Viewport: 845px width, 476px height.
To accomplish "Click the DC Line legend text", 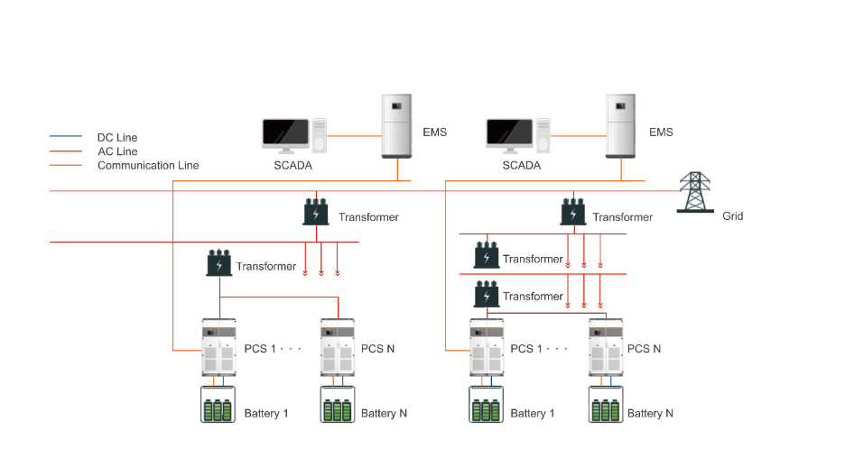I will [117, 138].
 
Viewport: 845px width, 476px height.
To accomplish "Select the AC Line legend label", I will [117, 151].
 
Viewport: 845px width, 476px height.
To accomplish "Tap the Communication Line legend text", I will [148, 166].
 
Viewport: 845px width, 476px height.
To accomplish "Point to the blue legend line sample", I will [65, 137].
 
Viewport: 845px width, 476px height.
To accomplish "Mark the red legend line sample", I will [65, 151].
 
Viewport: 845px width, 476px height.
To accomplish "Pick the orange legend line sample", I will [65, 166].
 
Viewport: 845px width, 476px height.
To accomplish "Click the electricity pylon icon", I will [694, 192].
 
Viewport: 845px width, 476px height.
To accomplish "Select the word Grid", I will [733, 216].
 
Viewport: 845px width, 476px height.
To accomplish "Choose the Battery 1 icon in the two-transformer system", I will [217, 405].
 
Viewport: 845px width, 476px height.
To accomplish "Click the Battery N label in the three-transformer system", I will [650, 414].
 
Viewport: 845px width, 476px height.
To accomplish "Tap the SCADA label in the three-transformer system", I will [521, 166].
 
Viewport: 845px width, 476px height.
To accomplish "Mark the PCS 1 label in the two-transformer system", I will [260, 349].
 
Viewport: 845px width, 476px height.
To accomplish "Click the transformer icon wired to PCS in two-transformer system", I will [219, 263].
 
